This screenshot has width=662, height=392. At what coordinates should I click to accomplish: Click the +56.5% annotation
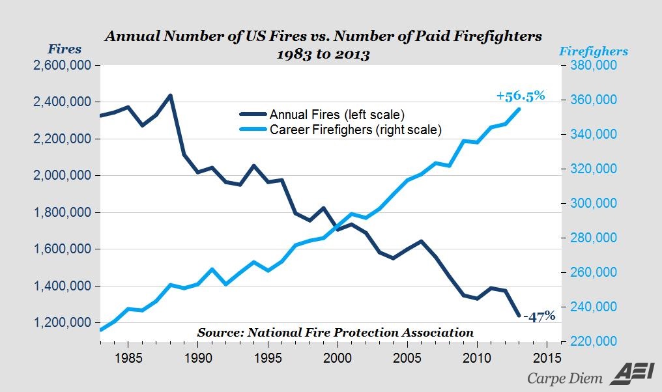pos(520,96)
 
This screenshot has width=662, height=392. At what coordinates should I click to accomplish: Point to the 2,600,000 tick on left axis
pos(59,66)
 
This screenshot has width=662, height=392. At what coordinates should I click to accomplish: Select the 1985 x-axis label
pos(128,357)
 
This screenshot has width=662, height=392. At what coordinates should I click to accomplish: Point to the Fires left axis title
pos(65,49)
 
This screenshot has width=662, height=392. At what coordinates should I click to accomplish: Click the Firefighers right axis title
pos(594,51)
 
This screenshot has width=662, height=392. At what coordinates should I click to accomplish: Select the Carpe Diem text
pos(564,378)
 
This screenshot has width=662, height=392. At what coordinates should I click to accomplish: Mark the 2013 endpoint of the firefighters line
pos(519,108)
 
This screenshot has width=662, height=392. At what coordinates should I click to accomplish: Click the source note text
pos(336,332)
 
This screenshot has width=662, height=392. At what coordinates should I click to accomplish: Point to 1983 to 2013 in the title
pos(324,54)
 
